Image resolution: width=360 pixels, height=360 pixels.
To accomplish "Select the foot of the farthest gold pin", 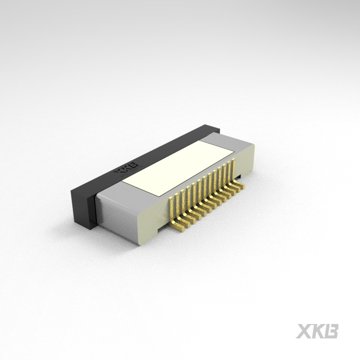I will click(x=240, y=184).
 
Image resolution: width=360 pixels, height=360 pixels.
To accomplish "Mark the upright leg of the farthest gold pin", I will click(x=232, y=168).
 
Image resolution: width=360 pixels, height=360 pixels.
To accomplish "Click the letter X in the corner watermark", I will click(x=304, y=331).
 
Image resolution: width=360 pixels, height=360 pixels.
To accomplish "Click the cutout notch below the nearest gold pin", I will click(x=164, y=230).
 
